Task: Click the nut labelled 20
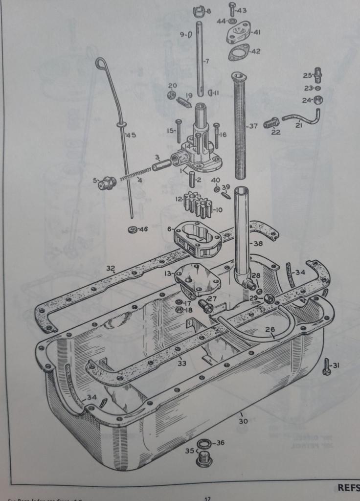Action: (172, 95)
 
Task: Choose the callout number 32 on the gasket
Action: (111, 268)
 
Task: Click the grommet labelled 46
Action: (132, 229)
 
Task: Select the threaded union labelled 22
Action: (271, 123)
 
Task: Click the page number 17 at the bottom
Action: (207, 499)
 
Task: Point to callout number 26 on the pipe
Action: (270, 329)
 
